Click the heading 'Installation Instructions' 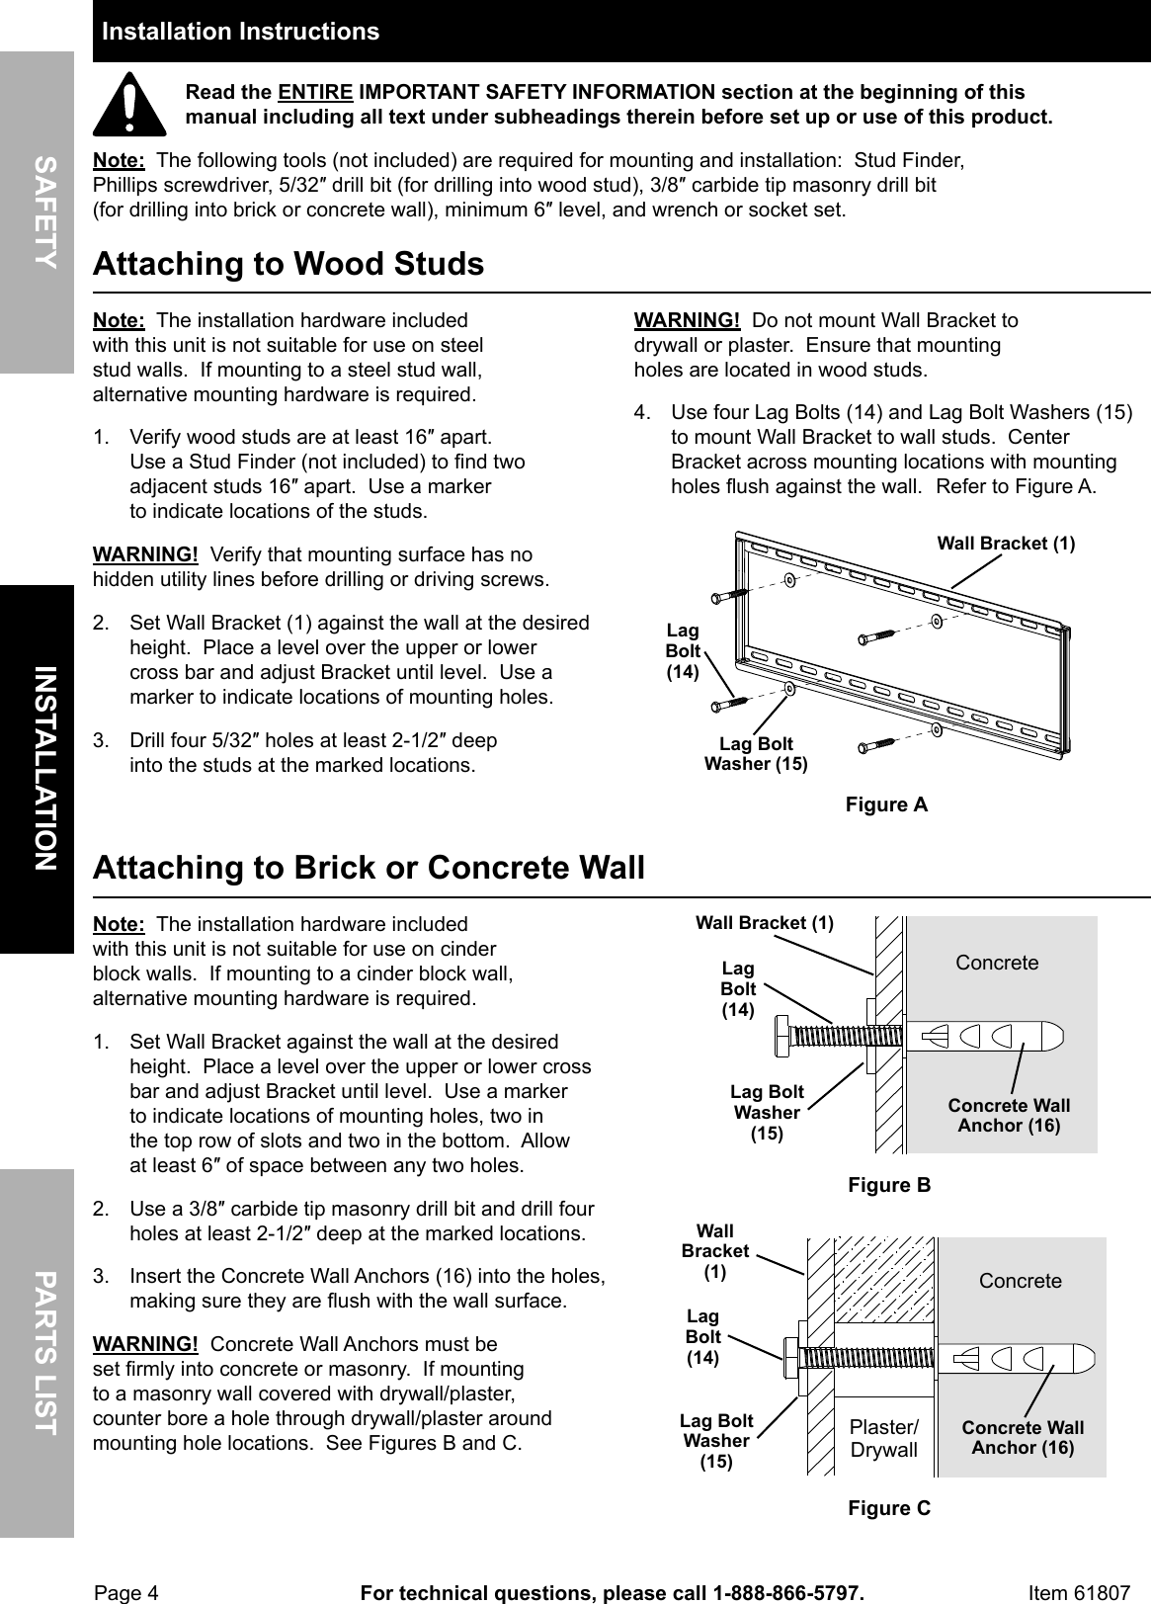(240, 32)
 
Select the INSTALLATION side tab (40, 768)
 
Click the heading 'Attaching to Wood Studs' (288, 264)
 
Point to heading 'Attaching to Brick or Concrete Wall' (368, 867)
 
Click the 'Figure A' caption (886, 804)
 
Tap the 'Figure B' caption (889, 1184)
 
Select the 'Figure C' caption (889, 1507)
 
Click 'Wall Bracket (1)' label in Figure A (1005, 544)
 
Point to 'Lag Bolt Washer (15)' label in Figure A (756, 753)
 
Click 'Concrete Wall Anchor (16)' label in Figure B (1009, 1116)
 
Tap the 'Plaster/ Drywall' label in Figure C (883, 1438)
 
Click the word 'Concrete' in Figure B (997, 963)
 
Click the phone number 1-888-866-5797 (786, 1592)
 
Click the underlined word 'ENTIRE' (315, 93)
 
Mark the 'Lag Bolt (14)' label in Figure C (703, 1337)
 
